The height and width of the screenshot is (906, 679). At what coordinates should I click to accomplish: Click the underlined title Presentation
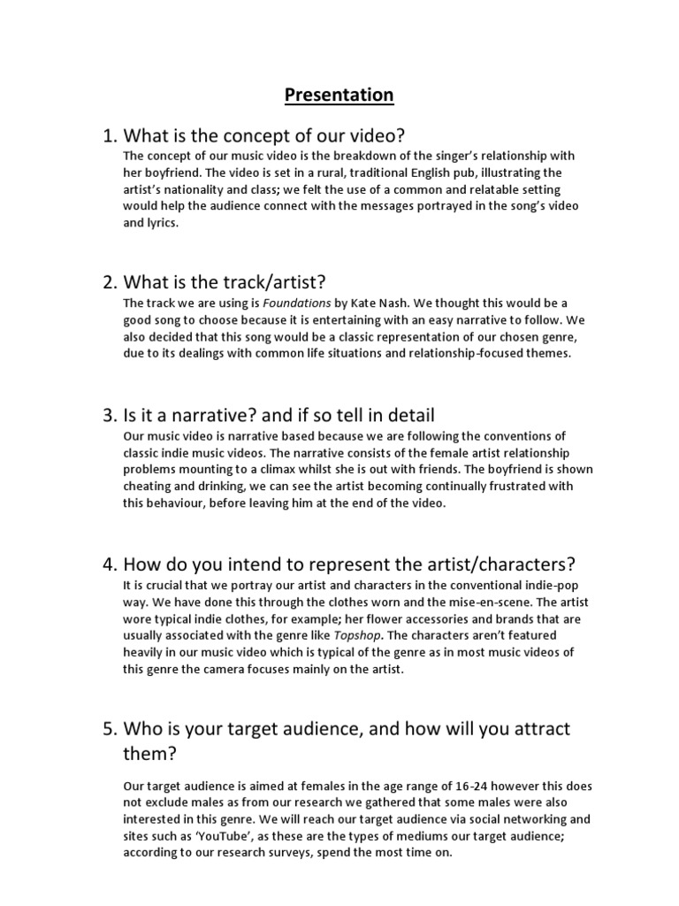coord(339,94)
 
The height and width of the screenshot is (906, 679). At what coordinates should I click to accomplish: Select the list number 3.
coord(110,414)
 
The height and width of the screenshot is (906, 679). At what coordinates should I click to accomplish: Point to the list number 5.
coord(110,729)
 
